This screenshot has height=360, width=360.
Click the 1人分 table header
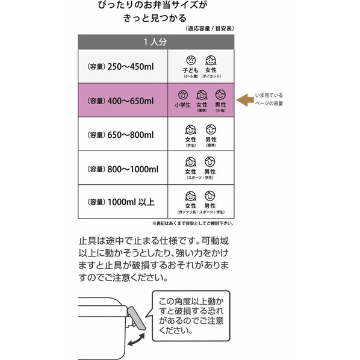tap(156, 42)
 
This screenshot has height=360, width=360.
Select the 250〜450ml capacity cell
tap(123, 66)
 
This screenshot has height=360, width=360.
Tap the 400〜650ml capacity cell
tap(123, 101)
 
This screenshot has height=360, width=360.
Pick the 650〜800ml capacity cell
tap(123, 134)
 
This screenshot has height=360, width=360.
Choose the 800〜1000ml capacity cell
tap(123, 168)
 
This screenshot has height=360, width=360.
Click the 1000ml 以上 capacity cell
tap(123, 202)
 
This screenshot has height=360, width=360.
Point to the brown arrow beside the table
tap(245, 100)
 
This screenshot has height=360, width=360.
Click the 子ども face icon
tap(191, 60)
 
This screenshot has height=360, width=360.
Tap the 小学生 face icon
tap(183, 95)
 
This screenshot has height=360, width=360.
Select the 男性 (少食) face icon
tap(220, 95)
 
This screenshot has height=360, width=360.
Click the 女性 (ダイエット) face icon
tap(211, 60)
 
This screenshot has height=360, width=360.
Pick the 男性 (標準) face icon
tap(211, 129)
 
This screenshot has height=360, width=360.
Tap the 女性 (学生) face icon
tap(191, 129)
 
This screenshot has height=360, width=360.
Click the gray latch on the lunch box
tap(137, 318)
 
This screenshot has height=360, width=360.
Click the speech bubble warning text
tap(191, 315)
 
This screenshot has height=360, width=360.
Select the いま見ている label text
tap(269, 95)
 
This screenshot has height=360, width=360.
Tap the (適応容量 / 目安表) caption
tap(209, 28)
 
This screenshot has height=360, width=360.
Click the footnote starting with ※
tap(193, 223)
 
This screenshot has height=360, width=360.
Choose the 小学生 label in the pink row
tap(183, 105)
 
